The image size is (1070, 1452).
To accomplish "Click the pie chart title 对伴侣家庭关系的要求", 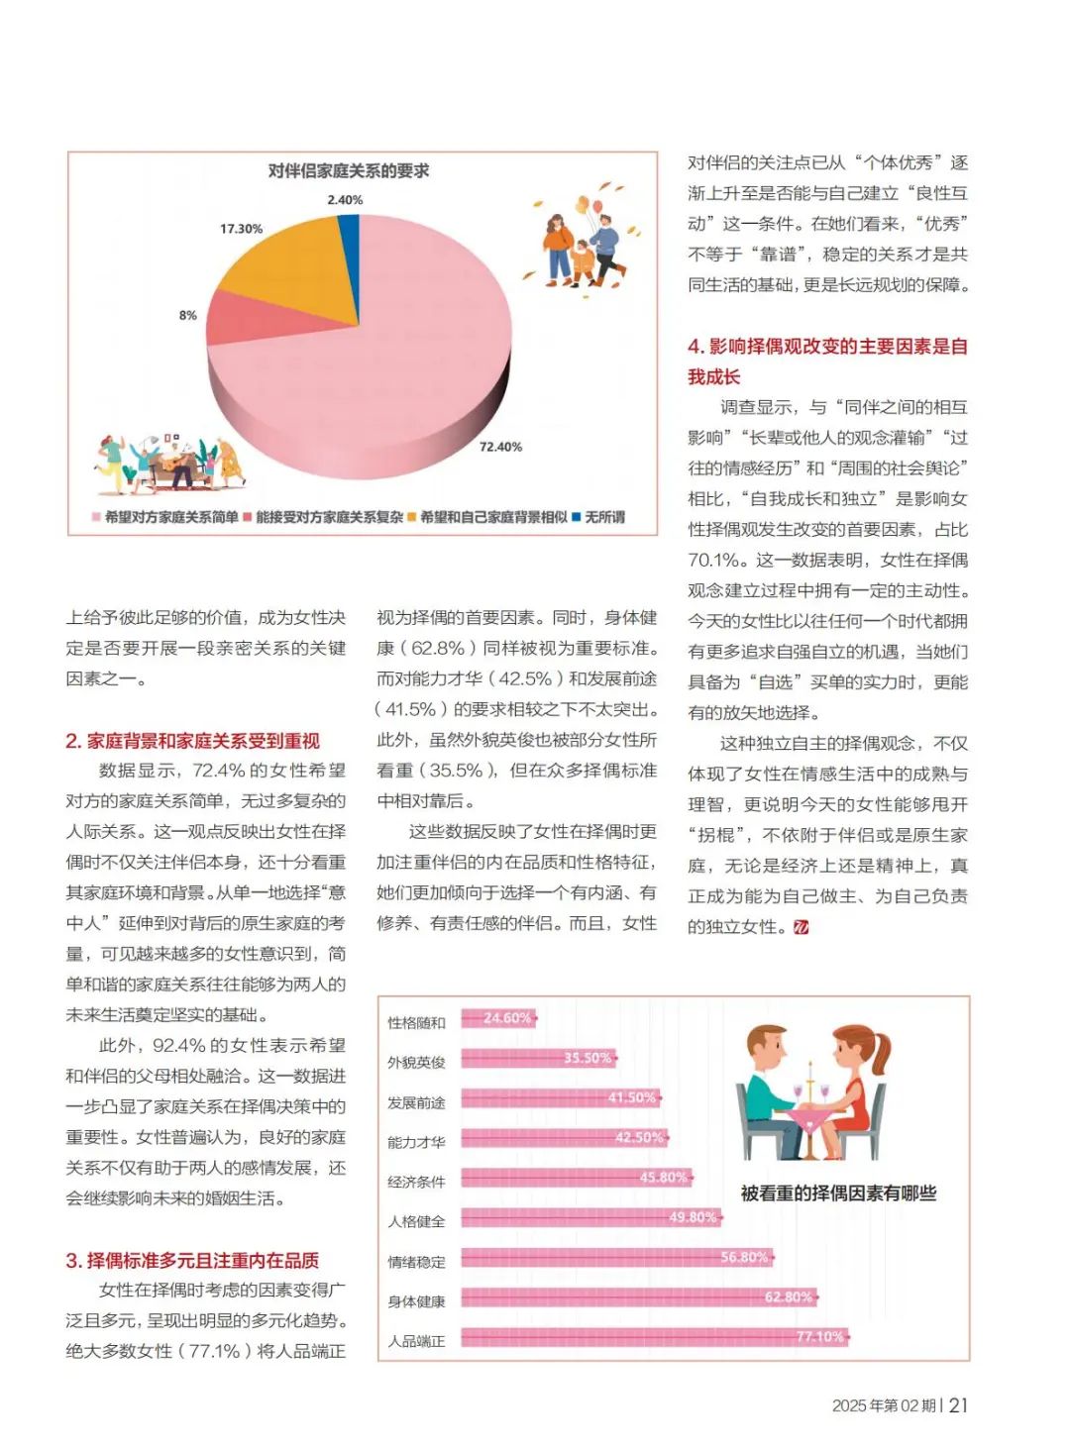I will click(349, 171).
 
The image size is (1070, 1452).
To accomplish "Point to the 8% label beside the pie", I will click(188, 315).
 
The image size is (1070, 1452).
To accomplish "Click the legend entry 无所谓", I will click(603, 517).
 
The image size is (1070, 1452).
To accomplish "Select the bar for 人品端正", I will click(654, 1337).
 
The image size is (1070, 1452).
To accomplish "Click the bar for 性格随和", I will click(497, 1018).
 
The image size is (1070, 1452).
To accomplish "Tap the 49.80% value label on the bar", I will click(693, 1217).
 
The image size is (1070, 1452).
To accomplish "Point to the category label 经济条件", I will click(416, 1182).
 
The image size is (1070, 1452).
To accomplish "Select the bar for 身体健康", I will click(638, 1297).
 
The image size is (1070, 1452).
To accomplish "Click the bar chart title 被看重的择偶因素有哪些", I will click(838, 1193).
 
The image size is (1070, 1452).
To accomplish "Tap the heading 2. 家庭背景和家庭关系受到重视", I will click(193, 741).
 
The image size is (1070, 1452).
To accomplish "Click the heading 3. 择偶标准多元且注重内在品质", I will click(193, 1260).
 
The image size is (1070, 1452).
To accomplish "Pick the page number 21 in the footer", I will click(958, 1405).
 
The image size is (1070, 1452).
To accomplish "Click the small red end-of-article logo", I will click(802, 927).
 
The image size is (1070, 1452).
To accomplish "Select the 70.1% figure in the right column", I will click(712, 560).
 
